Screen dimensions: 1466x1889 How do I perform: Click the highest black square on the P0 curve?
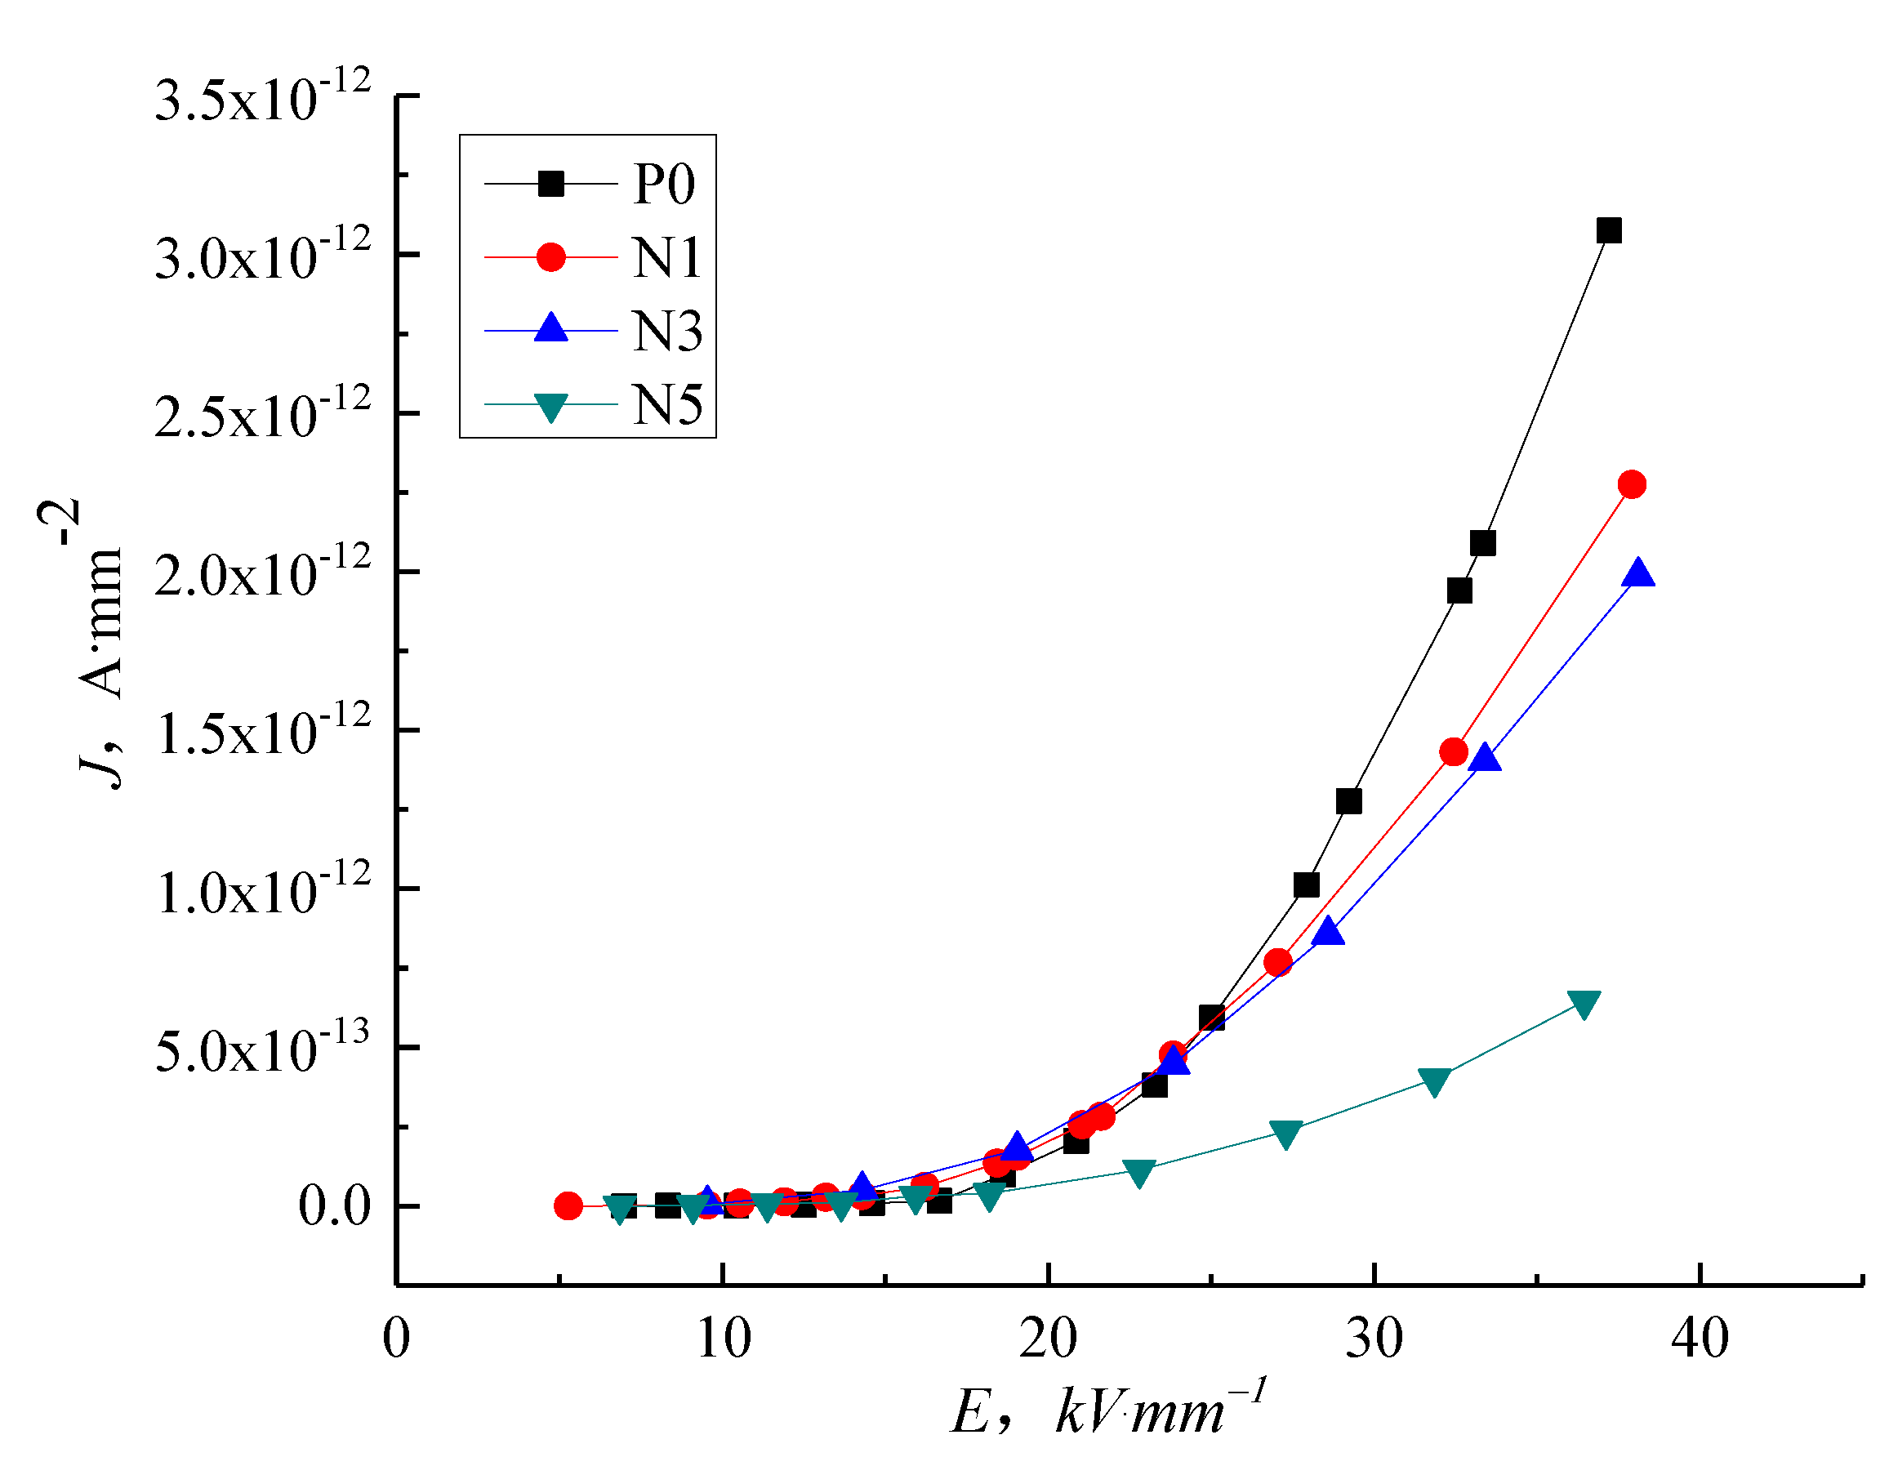click(x=1608, y=231)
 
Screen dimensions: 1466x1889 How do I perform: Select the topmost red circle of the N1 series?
click(x=1631, y=484)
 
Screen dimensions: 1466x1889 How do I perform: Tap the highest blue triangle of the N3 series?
click(x=1638, y=573)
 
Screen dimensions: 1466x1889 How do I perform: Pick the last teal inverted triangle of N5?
click(x=1584, y=1003)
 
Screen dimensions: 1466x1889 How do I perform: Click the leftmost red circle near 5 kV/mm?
click(x=568, y=1205)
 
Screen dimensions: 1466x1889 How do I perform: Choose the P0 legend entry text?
click(x=663, y=184)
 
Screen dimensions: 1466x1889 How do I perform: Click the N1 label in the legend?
click(x=666, y=258)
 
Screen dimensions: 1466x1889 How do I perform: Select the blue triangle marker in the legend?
click(x=551, y=329)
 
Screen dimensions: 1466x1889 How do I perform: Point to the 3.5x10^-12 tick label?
click(x=262, y=96)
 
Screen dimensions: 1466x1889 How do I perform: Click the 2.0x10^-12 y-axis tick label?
click(x=262, y=573)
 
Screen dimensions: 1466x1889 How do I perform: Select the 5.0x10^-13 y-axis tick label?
click(x=262, y=1049)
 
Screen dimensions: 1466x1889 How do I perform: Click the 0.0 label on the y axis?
click(x=334, y=1205)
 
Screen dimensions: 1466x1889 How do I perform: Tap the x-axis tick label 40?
click(x=1700, y=1339)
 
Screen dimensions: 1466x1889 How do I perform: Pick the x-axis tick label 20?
click(x=1048, y=1339)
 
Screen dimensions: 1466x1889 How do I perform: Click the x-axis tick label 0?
click(x=396, y=1339)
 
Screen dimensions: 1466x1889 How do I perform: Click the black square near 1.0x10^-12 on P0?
click(x=1306, y=885)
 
